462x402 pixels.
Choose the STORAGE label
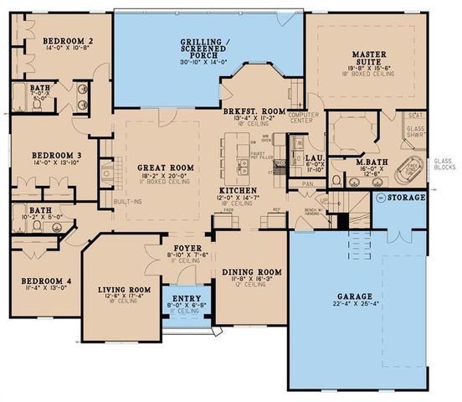point(408,198)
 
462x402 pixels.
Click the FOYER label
point(182,248)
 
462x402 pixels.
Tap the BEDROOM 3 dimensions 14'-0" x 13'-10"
point(57,162)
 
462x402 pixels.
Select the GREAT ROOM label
point(165,168)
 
